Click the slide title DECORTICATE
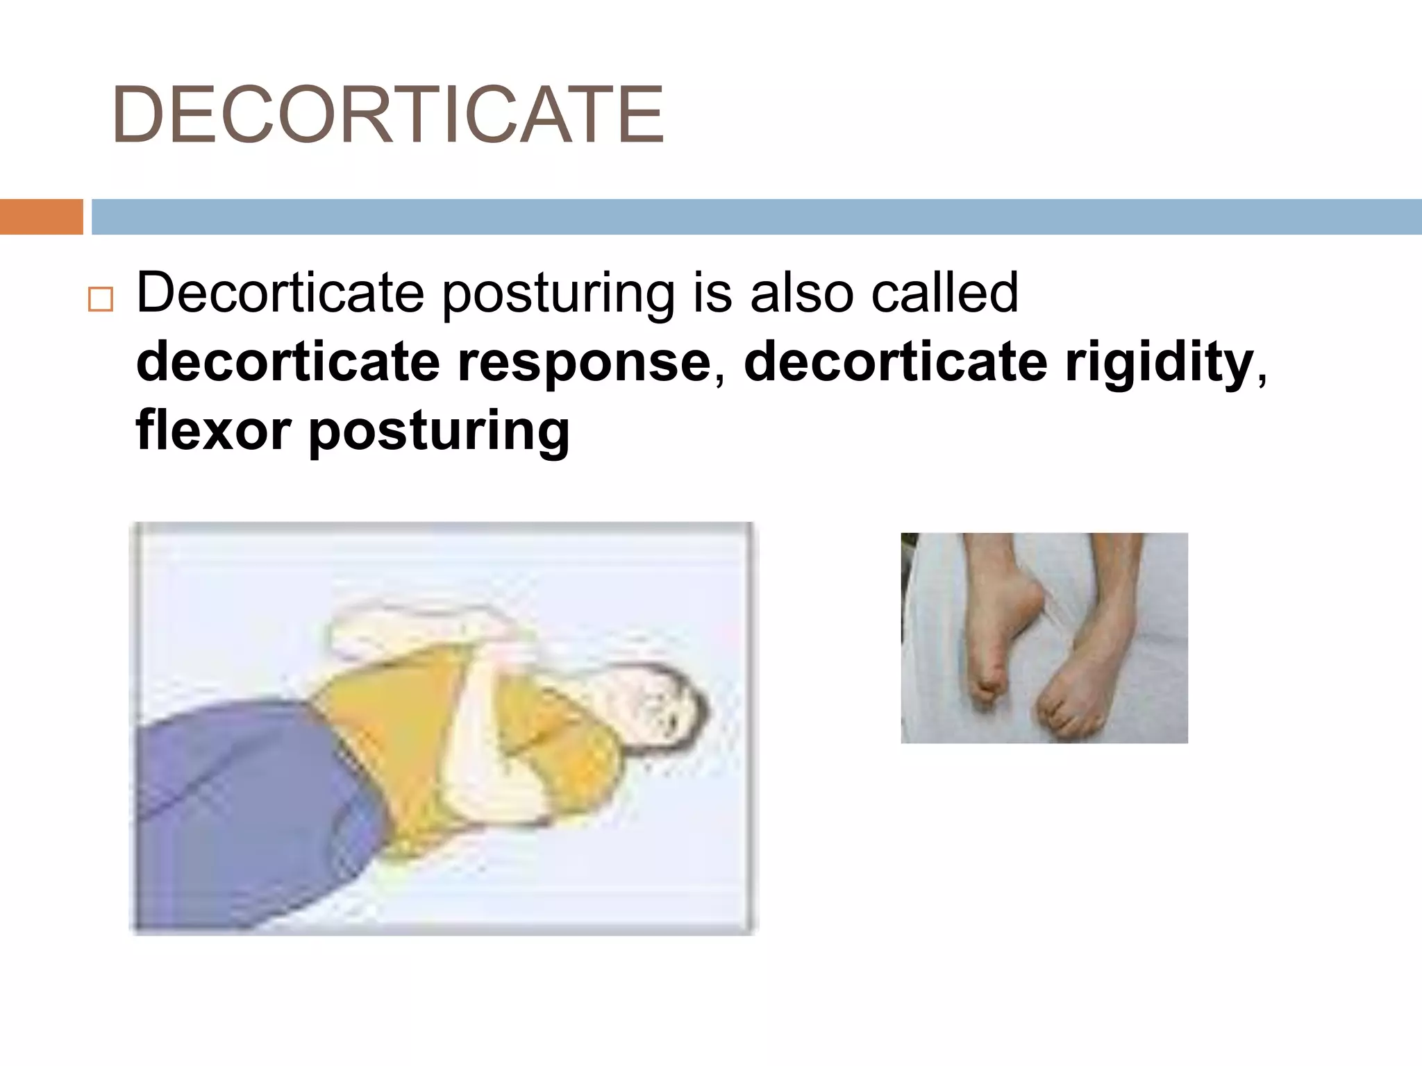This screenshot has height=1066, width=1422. pos(387,115)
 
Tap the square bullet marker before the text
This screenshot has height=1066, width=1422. pos(101,300)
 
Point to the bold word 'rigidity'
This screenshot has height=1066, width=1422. pos(1159,362)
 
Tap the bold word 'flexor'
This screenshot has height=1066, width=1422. pos(212,430)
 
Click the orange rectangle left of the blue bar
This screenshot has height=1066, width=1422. pos(41,217)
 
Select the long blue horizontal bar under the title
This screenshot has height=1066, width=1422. pos(755,217)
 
